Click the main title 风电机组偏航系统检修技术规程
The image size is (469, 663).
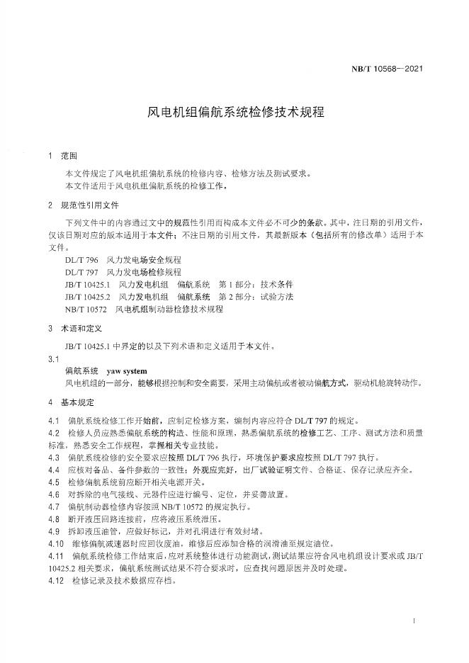pos(234,111)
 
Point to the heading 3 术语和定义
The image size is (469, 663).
pos(75,329)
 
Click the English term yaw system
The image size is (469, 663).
pos(126,370)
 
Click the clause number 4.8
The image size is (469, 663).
pos(54,518)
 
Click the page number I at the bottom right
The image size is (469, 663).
pos(413,620)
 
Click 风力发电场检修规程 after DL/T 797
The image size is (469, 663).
pos(145,272)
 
